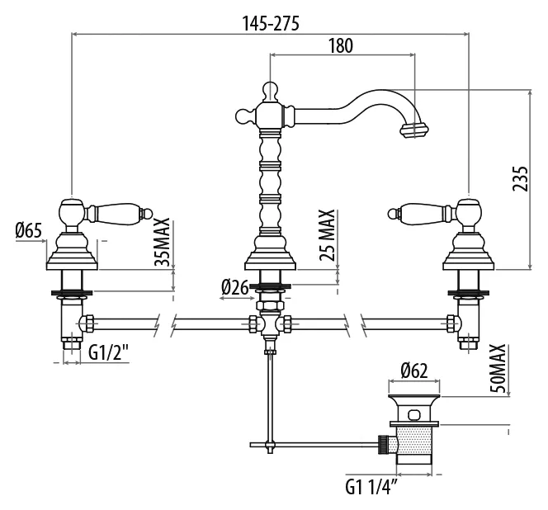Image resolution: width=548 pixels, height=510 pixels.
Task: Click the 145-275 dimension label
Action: point(271,24)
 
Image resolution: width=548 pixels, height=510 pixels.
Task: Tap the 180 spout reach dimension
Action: point(341,45)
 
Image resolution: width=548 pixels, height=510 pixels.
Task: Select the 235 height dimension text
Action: point(521,178)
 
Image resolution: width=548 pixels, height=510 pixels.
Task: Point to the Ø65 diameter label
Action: point(29,230)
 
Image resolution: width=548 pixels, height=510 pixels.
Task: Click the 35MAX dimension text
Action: point(162,242)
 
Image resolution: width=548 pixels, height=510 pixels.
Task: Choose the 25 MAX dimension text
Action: point(327,235)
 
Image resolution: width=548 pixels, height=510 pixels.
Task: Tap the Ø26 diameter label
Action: point(235,288)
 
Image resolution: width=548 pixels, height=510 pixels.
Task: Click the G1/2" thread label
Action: point(109,352)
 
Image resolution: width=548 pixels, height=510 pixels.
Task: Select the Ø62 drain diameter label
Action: point(414,371)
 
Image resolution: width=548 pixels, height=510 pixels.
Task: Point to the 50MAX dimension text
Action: point(498,368)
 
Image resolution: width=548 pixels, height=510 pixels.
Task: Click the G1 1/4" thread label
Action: point(371,487)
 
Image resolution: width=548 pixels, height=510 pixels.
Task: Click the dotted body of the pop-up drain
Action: point(415,442)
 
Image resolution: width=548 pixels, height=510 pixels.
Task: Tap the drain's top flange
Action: point(414,398)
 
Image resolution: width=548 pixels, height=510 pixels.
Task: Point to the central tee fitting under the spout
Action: point(269,324)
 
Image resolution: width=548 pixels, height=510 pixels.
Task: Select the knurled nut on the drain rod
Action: point(384,445)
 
